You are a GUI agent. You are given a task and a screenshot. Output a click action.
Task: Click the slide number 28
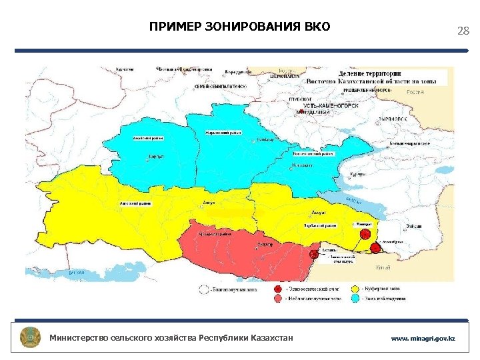(x=463, y=31)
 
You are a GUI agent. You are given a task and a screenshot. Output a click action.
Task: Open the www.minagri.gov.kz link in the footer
(x=423, y=339)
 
